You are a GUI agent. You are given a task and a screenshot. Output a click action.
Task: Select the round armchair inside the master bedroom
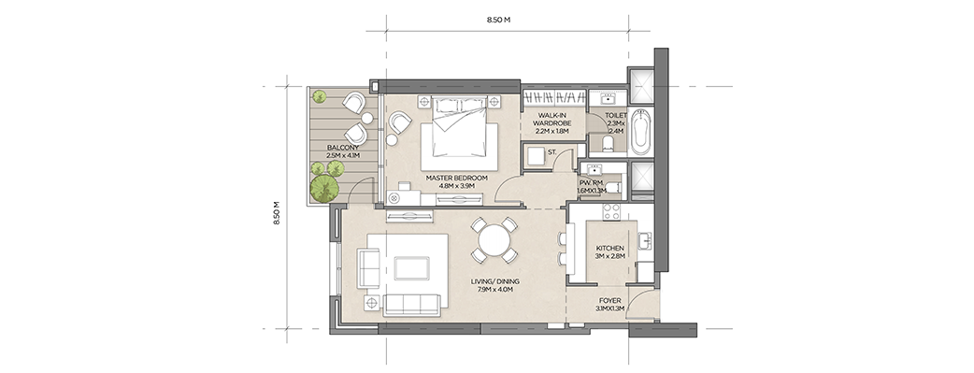(x=399, y=122)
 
